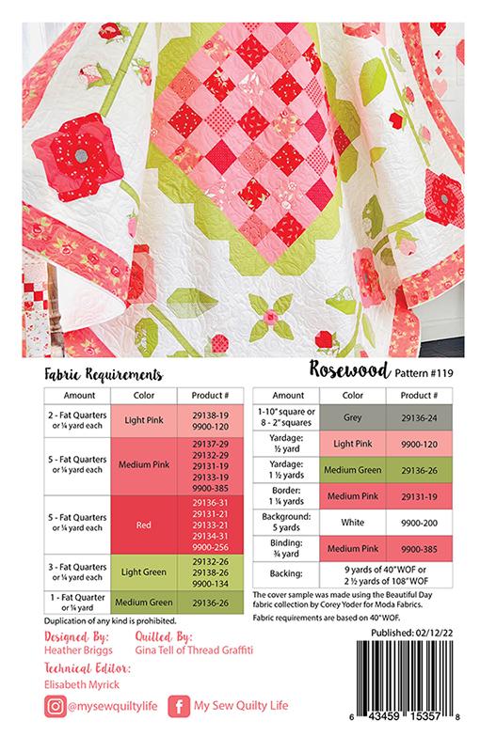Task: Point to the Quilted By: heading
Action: pyautogui.click(x=173, y=637)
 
